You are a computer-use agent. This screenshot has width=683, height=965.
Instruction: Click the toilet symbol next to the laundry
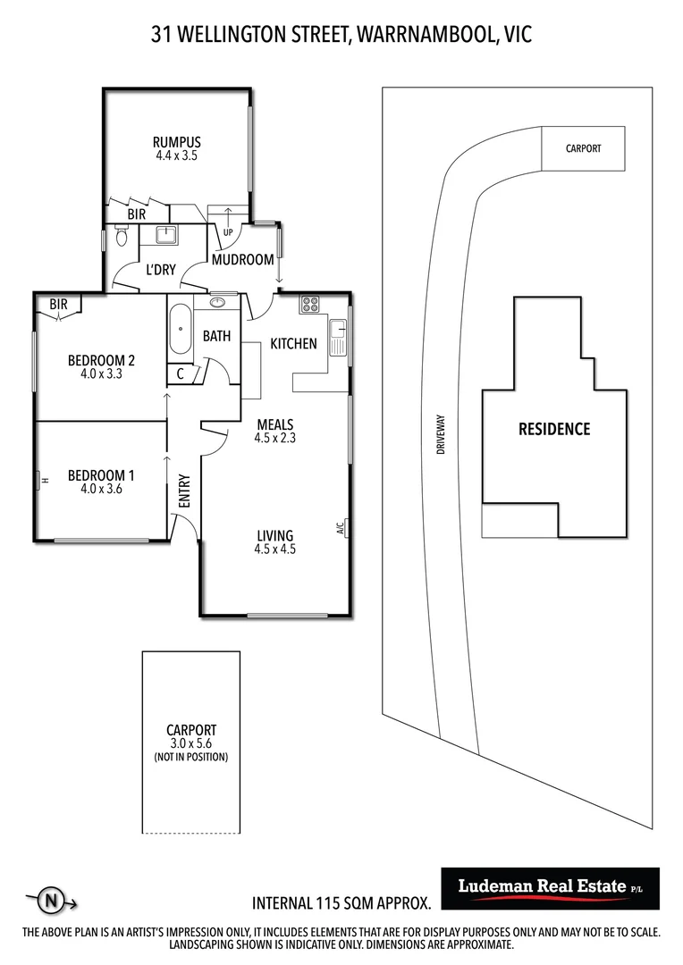[122, 236]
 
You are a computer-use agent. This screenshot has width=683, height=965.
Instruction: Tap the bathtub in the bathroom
[180, 329]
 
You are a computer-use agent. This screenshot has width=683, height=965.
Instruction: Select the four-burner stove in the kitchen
[310, 304]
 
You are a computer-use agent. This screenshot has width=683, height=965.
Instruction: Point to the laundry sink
[166, 235]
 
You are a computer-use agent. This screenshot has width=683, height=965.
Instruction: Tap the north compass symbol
[52, 902]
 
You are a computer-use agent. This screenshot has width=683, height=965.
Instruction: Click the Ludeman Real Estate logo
[550, 888]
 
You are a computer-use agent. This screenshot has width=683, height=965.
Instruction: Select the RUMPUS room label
[177, 142]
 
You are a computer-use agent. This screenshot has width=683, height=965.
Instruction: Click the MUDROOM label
[242, 260]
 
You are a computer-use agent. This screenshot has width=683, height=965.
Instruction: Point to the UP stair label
[228, 232]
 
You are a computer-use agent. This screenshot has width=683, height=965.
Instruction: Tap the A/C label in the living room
[340, 528]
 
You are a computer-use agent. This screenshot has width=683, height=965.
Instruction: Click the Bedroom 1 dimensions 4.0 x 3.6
[102, 489]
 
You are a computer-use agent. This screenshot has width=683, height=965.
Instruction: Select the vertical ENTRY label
[184, 491]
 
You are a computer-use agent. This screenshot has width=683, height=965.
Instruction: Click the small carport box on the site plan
[583, 148]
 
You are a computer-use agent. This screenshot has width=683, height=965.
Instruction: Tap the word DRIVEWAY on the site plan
[441, 434]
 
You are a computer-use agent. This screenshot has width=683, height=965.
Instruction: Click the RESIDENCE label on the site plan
[554, 429]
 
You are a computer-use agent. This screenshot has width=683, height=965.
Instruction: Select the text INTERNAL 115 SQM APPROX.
[341, 902]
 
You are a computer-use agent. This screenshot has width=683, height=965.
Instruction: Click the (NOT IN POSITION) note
[191, 757]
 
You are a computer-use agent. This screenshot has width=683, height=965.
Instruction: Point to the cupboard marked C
[181, 373]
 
